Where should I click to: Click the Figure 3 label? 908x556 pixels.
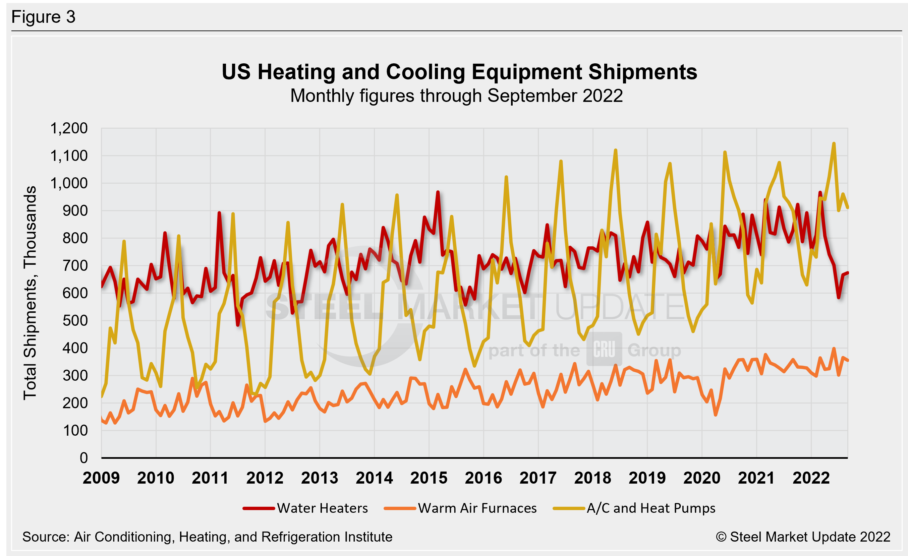click(43, 17)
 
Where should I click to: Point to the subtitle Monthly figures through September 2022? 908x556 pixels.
click(456, 96)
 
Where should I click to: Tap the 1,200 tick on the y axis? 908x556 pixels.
click(69, 128)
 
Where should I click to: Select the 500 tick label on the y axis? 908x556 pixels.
click(75, 321)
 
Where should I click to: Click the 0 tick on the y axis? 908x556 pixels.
click(83, 458)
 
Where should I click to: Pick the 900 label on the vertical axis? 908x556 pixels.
click(75, 211)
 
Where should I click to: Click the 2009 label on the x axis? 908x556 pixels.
click(101, 478)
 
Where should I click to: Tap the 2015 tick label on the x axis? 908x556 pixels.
click(429, 478)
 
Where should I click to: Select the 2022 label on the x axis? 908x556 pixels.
click(811, 478)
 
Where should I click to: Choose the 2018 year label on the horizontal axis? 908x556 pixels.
click(592, 478)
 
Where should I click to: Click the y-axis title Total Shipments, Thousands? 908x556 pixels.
click(30, 293)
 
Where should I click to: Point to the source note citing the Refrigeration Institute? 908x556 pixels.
click(207, 537)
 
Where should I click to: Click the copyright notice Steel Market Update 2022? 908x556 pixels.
click(803, 537)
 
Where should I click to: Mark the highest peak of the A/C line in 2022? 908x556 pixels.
click(834, 143)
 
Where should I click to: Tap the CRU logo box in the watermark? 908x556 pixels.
click(604, 349)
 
